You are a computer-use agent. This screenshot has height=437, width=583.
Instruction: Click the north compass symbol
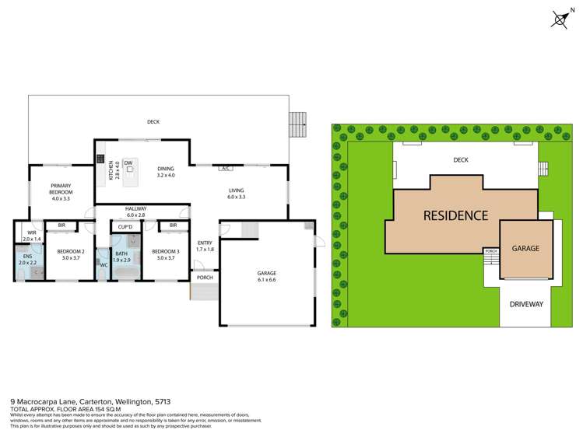pyautogui.click(x=560, y=19)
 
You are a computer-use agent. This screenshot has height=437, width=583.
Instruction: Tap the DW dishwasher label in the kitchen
pyautogui.click(x=128, y=163)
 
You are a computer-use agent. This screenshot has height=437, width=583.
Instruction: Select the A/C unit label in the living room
pyautogui.click(x=225, y=168)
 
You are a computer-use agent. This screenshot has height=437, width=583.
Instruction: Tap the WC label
pyautogui.click(x=103, y=265)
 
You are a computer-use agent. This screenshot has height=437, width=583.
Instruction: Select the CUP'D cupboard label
pyautogui.click(x=125, y=226)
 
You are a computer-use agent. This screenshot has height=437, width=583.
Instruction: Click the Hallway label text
pyautogui.click(x=135, y=208)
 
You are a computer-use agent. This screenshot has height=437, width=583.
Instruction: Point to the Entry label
pyautogui.click(x=205, y=243)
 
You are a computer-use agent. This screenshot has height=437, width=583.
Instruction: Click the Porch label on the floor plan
pyautogui.click(x=205, y=278)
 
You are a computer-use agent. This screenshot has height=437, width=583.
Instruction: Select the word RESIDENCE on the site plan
pyautogui.click(x=455, y=215)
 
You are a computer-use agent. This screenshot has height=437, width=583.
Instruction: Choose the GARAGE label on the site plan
pyautogui.click(x=525, y=248)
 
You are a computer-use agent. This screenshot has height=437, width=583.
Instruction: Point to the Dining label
pyautogui.click(x=166, y=169)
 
